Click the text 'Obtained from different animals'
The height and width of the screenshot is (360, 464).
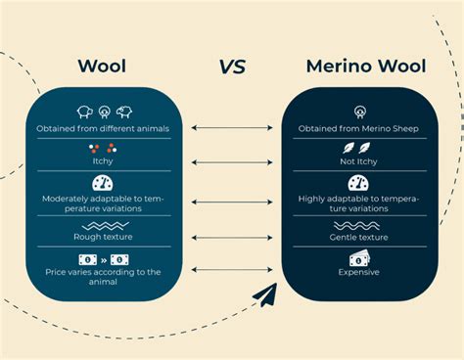pos(103,128)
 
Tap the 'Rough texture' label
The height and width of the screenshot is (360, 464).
pos(103,237)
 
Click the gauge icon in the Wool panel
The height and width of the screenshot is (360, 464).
pos(103,183)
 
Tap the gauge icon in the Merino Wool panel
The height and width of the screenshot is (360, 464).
pos(358,183)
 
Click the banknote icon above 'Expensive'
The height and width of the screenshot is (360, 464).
pos(358,258)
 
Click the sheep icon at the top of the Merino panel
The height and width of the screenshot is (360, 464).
pos(358,112)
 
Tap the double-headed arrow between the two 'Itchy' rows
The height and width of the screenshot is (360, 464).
pos(231,161)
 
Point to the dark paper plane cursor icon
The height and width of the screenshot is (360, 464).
pos(264,294)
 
